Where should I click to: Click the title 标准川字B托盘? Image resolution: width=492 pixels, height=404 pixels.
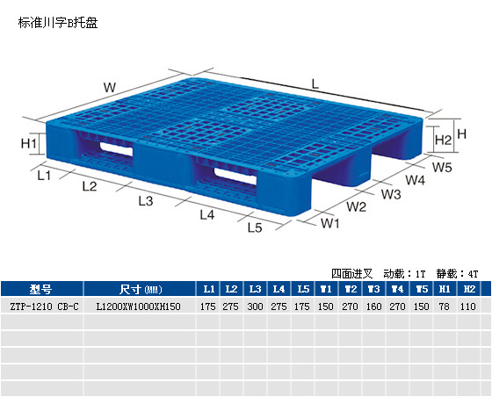tap(58, 23)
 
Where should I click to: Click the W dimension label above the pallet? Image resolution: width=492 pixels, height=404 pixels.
tap(110, 87)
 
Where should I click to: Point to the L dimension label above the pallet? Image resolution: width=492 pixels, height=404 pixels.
tap(315, 83)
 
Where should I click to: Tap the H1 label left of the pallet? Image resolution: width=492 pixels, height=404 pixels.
tap(28, 144)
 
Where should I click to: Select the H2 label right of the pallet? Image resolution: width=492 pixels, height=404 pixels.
tap(444, 140)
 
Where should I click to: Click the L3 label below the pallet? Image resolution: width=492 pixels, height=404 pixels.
tap(146, 201)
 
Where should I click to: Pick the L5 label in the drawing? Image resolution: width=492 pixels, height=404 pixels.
tap(255, 227)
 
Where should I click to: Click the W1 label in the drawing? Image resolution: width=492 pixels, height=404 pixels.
tap(330, 223)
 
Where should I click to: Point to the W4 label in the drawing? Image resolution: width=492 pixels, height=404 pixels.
tap(415, 180)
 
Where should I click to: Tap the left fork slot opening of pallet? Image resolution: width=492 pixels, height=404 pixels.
tap(116, 148)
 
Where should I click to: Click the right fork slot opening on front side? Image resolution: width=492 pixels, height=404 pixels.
tap(235, 176)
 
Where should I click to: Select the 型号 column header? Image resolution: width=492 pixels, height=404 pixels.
tap(40, 289)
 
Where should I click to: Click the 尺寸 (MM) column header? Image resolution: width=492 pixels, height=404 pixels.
tap(141, 289)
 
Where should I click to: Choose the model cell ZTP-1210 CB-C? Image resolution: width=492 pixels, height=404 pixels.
tap(44, 307)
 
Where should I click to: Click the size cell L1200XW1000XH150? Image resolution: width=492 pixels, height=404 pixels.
tap(139, 307)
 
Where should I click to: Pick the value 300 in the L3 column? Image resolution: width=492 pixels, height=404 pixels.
tap(255, 307)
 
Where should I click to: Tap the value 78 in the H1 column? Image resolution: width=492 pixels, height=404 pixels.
tap(444, 307)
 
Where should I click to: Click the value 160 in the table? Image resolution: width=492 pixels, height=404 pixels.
tap(373, 307)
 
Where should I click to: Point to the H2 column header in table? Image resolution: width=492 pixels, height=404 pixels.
tap(469, 289)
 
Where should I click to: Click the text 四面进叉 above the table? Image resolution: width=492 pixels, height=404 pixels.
tap(352, 274)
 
